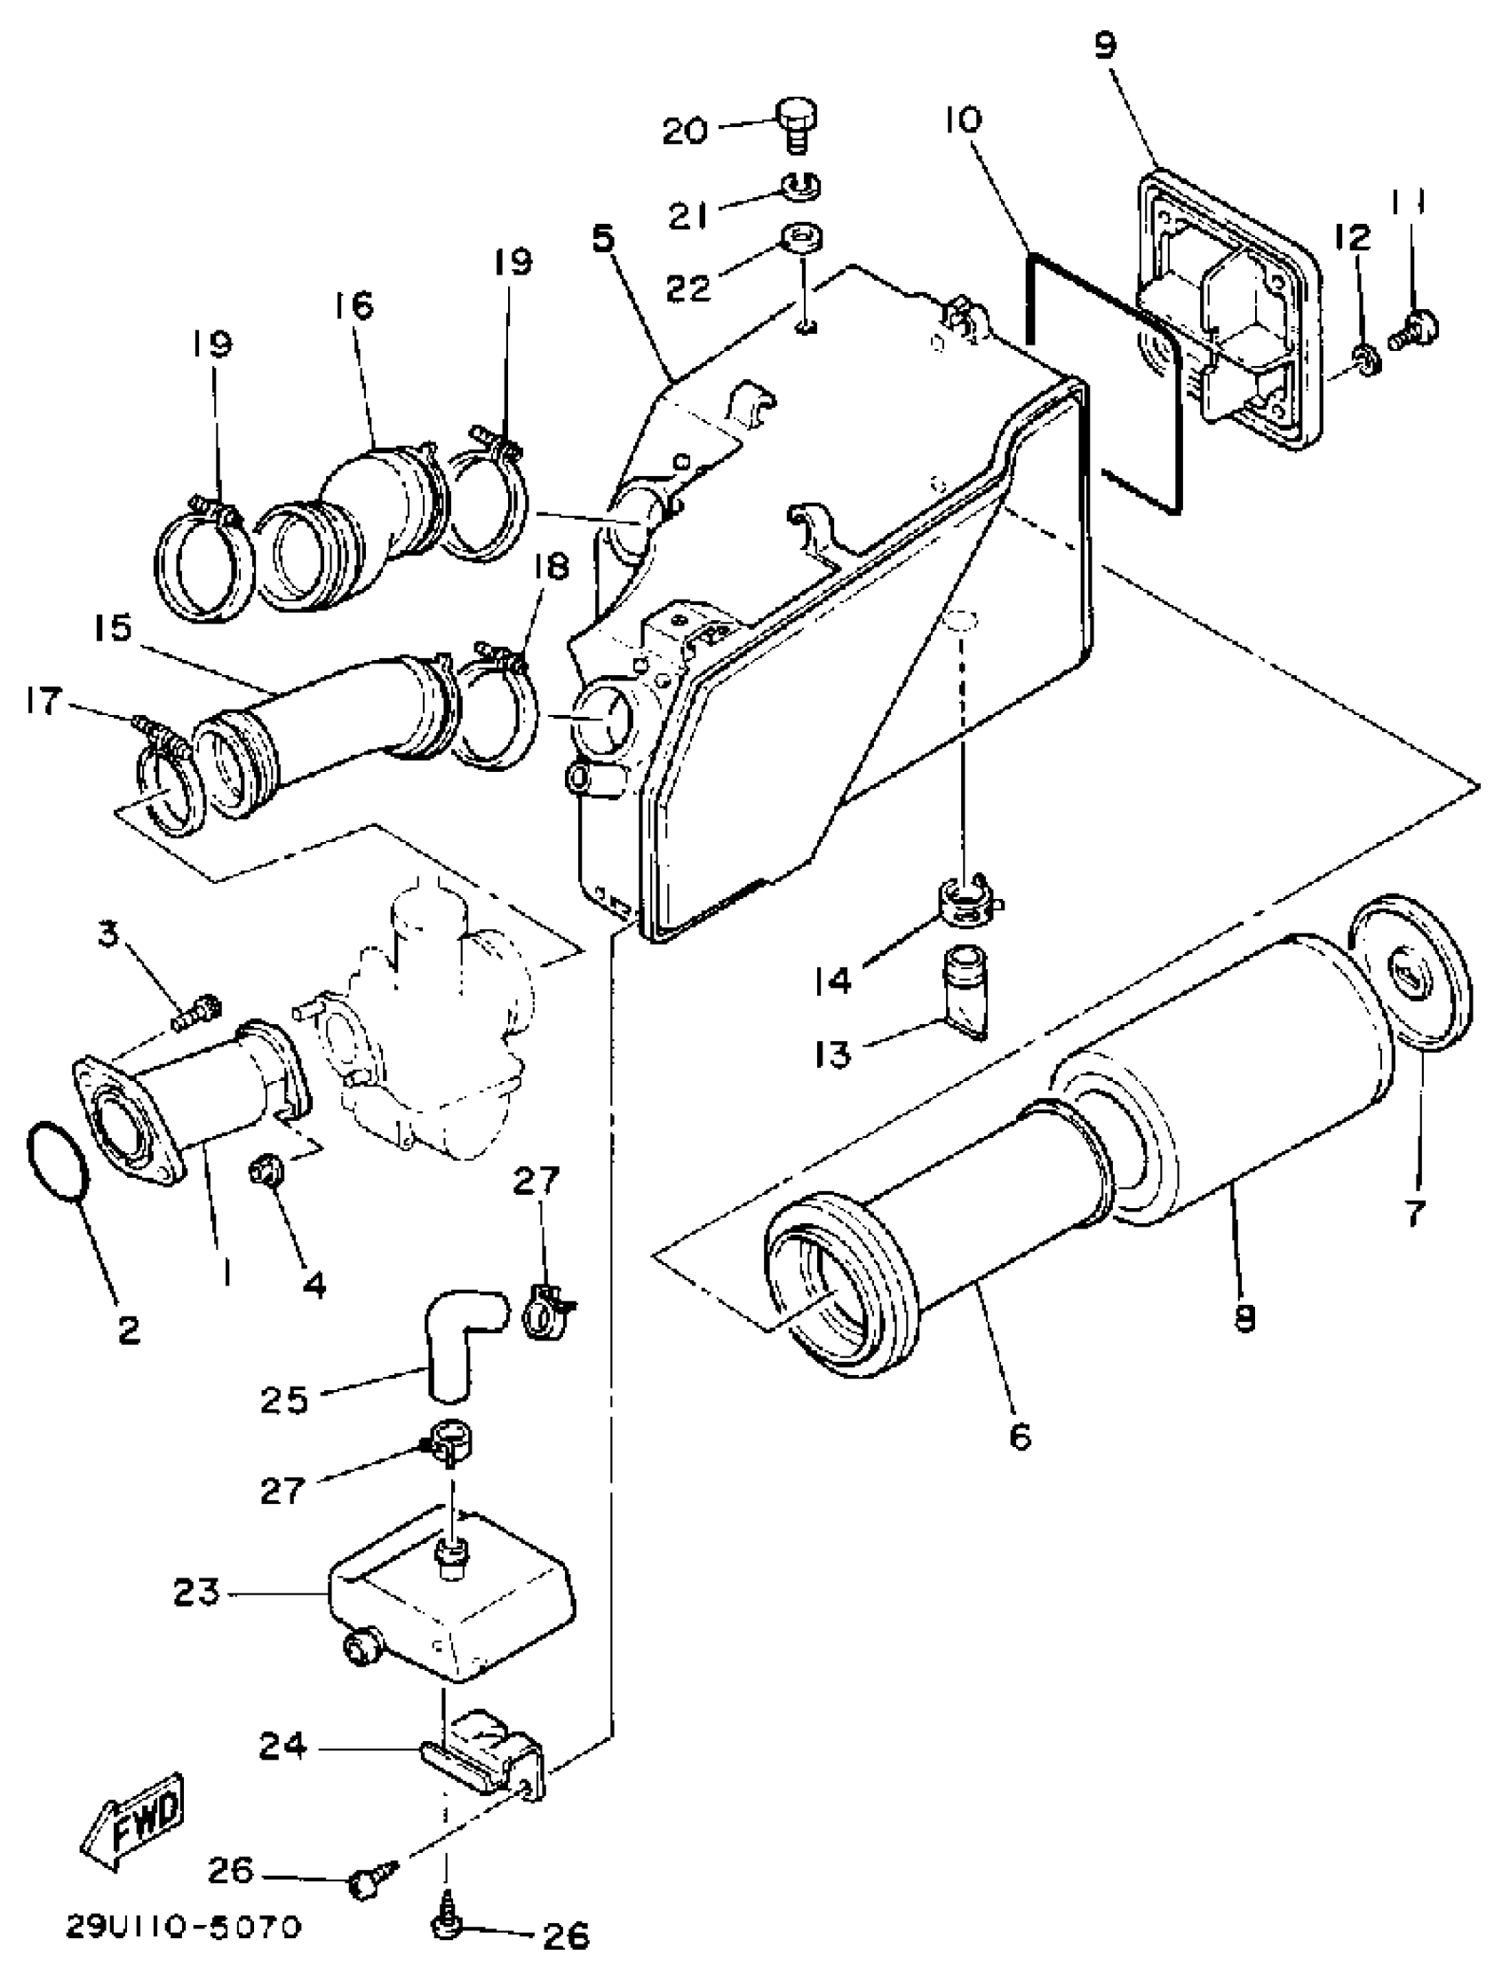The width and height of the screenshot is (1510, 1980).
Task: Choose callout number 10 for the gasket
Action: [x=965, y=120]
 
